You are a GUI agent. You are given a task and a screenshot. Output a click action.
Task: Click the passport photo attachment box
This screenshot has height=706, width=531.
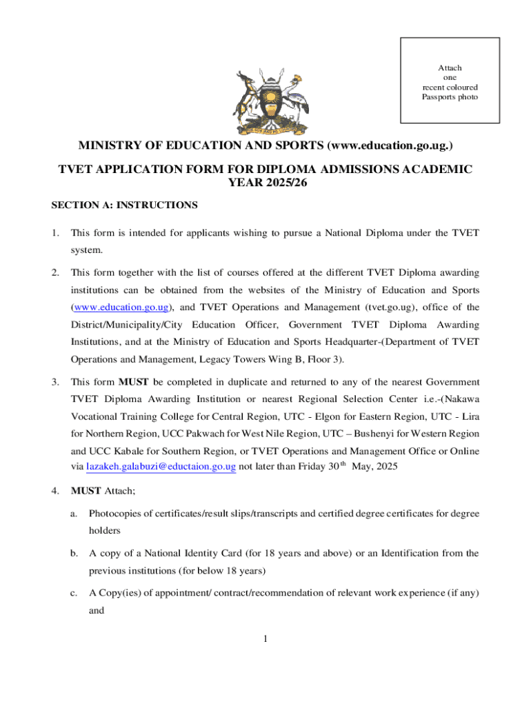(450, 81)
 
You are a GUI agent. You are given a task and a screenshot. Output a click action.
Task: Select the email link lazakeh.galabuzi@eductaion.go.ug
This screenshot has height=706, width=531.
(161, 467)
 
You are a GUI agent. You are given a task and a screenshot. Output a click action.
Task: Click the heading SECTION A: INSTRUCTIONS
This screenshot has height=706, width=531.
(125, 205)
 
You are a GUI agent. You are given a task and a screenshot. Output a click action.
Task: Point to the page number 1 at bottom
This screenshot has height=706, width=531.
(265, 639)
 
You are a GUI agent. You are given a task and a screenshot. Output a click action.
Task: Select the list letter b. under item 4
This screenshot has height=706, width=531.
(74, 553)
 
